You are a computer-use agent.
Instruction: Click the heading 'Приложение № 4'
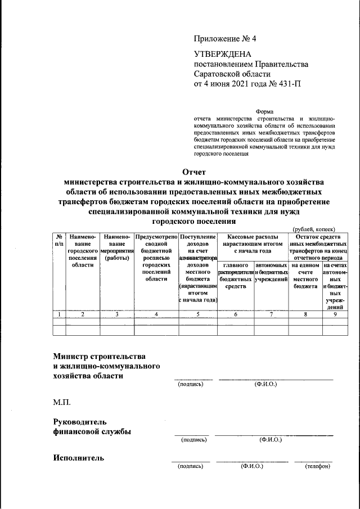(224, 39)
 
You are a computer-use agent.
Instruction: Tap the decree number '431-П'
(288, 85)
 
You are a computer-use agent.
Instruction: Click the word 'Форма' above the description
(264, 111)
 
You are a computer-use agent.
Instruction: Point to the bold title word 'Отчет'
(195, 172)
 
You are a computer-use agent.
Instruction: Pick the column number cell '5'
(198, 314)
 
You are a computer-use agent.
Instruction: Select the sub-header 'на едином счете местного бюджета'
(305, 276)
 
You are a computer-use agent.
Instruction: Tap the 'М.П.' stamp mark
(62, 403)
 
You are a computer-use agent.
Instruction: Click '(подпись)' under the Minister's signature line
(190, 385)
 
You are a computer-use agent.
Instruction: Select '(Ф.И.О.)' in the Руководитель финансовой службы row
(271, 439)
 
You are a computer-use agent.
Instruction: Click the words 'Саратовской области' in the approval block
(232, 74)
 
